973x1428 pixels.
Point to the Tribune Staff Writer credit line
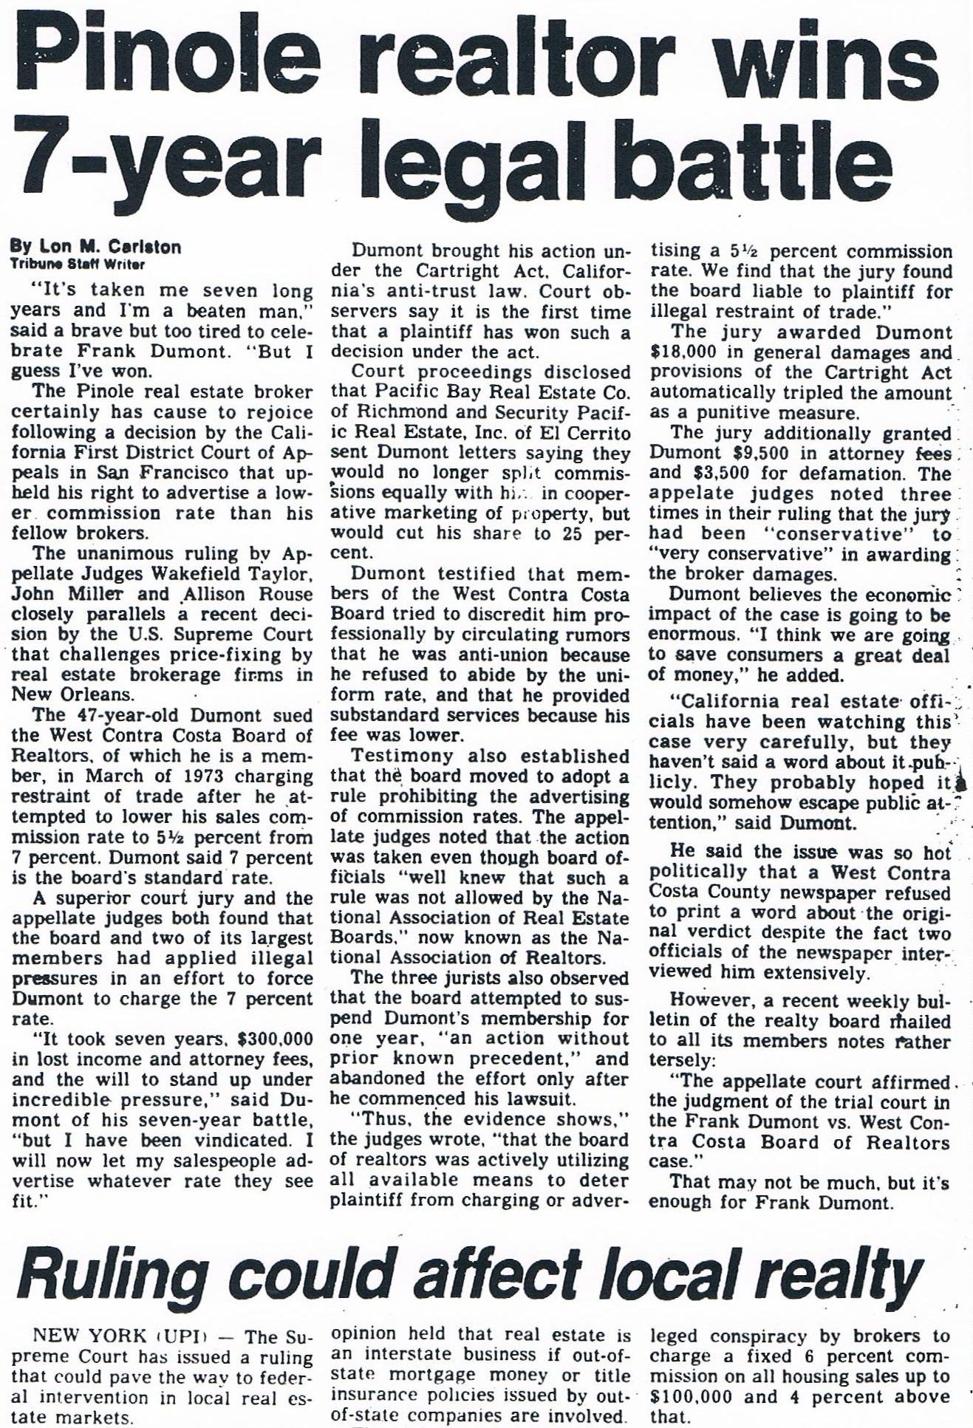77,264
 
